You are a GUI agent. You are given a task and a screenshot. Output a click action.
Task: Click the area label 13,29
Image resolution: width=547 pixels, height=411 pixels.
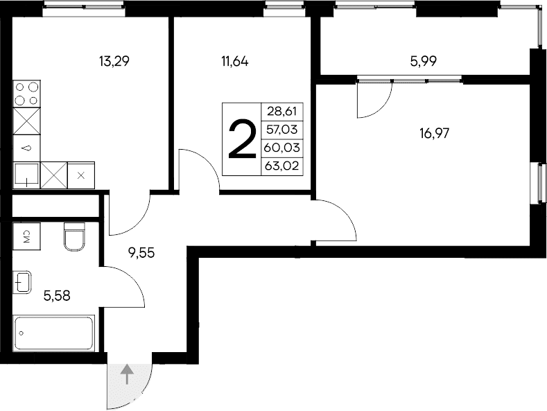(x=115, y=61)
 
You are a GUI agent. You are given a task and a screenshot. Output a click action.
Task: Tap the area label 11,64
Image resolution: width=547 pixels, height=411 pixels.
(x=234, y=61)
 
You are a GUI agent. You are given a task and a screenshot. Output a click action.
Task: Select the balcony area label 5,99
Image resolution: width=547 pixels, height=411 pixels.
(x=424, y=61)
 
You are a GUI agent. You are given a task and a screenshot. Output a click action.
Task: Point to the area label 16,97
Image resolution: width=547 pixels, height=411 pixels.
(x=435, y=133)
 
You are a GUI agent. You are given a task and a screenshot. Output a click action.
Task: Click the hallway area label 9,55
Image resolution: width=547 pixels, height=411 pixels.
(x=141, y=252)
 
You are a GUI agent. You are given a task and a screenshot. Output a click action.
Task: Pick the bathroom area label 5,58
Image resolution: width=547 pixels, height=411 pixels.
(x=57, y=296)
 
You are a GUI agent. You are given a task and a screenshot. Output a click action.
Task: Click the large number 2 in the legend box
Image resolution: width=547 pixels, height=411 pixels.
(x=241, y=139)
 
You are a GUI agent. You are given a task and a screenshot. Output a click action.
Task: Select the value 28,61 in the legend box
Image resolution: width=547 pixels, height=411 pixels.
(x=280, y=112)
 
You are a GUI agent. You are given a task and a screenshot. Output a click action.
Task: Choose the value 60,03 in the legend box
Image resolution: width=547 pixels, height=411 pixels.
(x=280, y=146)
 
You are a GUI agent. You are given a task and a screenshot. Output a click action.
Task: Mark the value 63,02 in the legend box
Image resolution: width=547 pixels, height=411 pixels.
(x=280, y=164)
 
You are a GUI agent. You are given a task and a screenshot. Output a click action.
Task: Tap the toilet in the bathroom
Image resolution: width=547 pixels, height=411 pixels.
(x=73, y=236)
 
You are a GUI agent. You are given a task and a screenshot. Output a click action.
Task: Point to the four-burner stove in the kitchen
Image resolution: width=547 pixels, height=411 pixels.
(x=27, y=94)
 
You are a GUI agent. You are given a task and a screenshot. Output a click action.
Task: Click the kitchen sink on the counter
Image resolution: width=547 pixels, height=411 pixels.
(x=26, y=175)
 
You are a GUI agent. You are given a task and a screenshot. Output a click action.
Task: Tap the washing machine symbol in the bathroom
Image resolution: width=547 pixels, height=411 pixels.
(x=26, y=236)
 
